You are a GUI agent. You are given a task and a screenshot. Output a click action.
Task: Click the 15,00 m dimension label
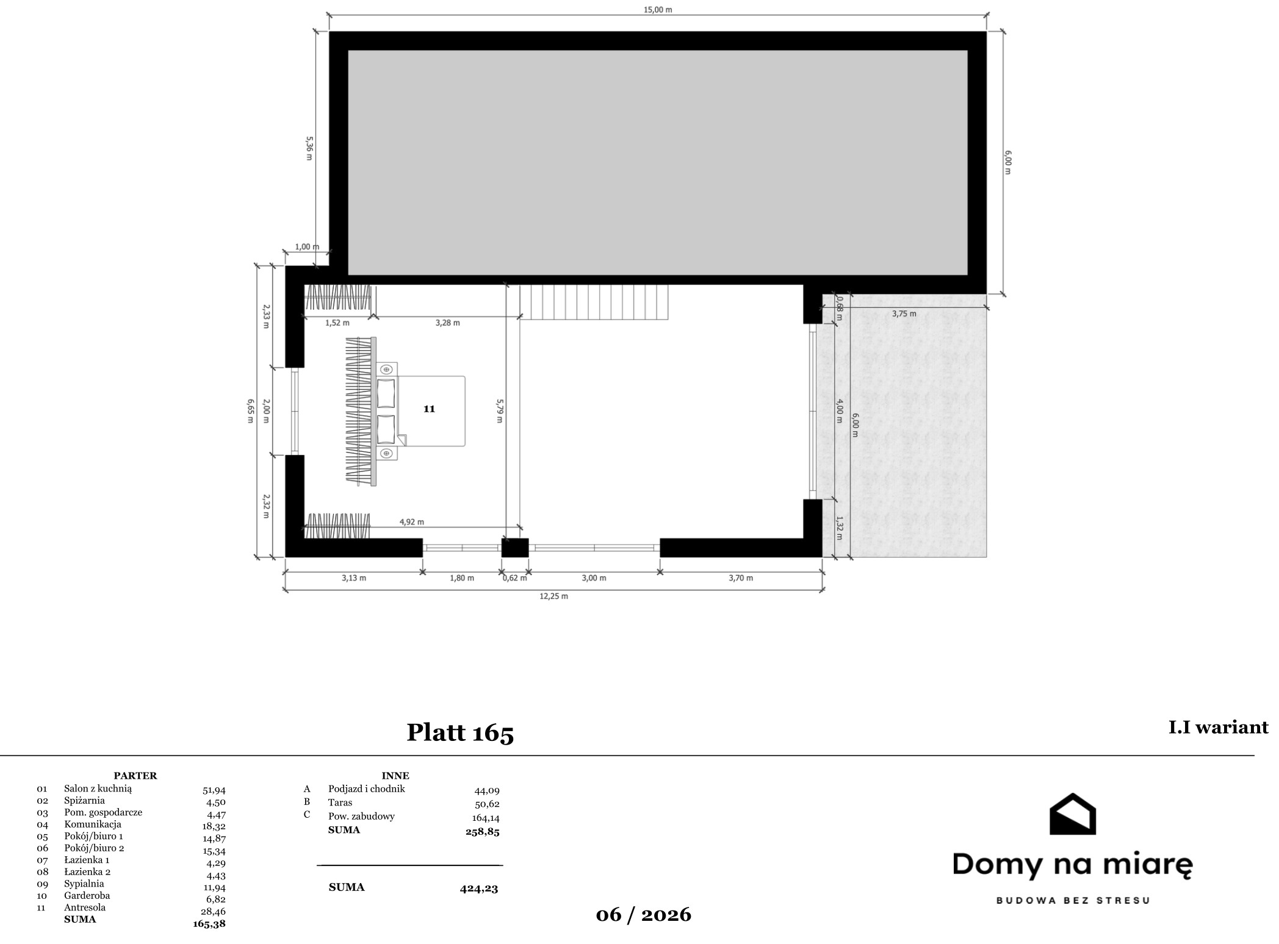point(658,10)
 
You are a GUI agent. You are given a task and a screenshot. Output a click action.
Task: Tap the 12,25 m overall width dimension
point(553,596)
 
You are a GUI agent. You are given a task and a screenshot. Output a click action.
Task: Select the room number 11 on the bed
point(429,409)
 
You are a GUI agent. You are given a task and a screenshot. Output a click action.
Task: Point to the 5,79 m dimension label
point(499,411)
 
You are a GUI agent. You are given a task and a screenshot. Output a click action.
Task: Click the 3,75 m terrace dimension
point(904,313)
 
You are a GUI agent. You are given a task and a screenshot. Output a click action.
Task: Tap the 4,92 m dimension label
point(412,522)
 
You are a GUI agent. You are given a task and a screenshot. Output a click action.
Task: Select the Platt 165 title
point(460,732)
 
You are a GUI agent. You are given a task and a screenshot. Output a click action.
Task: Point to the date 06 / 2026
point(644,914)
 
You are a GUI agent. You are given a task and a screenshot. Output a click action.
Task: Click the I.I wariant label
point(1218,728)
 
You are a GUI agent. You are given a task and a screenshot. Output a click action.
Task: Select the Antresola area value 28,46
point(213,911)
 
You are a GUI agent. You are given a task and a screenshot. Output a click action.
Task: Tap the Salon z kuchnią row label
point(98,788)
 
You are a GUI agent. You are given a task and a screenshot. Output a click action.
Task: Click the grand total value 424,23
point(479,889)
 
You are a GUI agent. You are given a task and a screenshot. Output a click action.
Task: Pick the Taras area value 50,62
point(487,804)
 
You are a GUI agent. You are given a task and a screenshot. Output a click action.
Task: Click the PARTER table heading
point(135,776)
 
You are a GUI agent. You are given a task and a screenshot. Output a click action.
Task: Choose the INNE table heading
point(395,776)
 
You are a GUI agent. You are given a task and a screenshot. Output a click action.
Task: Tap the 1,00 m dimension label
point(307,247)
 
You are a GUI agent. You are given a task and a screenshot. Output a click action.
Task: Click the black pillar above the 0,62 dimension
point(515,548)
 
